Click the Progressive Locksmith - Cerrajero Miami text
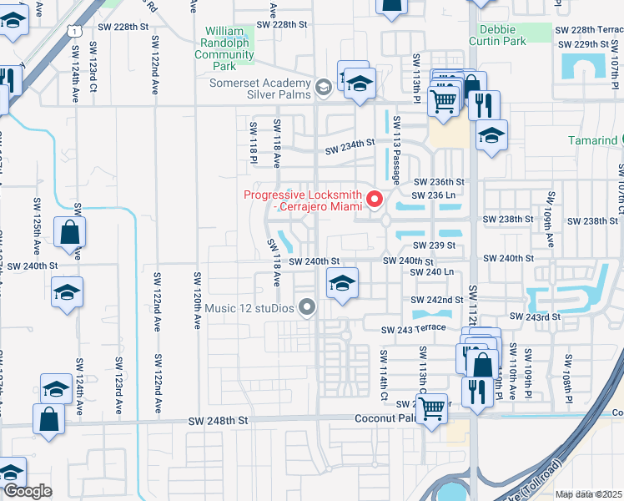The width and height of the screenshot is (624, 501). point(303,201)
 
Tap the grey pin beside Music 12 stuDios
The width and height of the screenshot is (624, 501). point(308,308)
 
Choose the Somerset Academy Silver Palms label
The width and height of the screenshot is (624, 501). point(260,90)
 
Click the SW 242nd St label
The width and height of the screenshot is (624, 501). point(436,300)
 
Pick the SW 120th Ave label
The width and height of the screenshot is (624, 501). point(199,300)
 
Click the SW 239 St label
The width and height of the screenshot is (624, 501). point(435,245)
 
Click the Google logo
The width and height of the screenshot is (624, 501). point(28,491)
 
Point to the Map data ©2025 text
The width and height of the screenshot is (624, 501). point(589,494)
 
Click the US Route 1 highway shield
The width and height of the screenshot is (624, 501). point(74,31)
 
